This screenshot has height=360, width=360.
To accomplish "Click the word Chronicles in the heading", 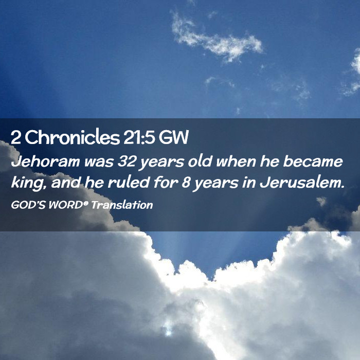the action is click(x=72, y=137).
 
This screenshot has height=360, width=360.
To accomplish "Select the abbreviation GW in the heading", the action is click(x=173, y=137).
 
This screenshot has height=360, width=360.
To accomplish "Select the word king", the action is click(x=27, y=183).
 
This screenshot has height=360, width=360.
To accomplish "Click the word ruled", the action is click(x=129, y=182).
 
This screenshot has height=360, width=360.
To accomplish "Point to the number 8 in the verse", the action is click(x=186, y=183).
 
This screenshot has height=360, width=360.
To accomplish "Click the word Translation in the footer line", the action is click(x=122, y=205).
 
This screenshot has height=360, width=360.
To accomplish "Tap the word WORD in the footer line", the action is click(x=65, y=205).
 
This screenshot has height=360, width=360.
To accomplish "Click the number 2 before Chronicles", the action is click(x=15, y=137).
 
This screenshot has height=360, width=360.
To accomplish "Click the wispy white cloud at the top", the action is click(x=217, y=38).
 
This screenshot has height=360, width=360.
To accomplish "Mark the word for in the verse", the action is click(x=166, y=182).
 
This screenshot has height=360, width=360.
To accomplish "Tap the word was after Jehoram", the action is click(x=99, y=162).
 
